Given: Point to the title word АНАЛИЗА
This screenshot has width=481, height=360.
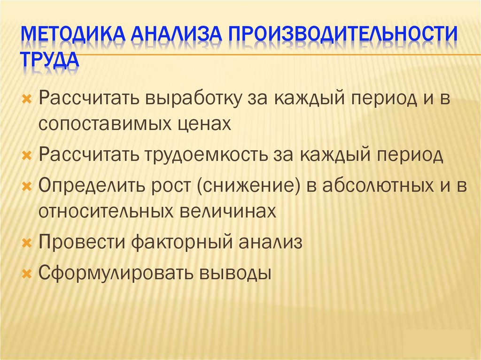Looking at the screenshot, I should pos(176,36).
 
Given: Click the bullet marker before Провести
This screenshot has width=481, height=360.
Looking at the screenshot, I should pos(27,243).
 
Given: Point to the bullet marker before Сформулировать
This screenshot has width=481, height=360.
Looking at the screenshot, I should pos(27,273).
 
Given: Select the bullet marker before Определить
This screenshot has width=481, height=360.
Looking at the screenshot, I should pos(27,186).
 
